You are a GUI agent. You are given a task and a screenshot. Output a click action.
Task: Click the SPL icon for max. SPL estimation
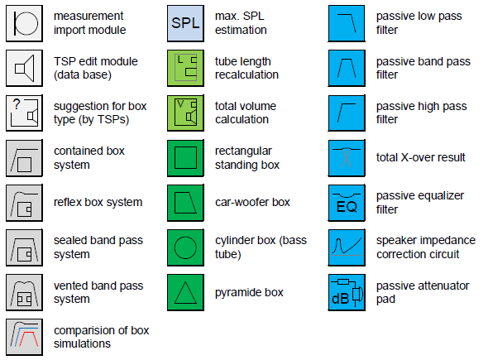tap(185, 23)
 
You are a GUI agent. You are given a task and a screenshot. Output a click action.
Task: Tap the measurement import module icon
tap(24, 23)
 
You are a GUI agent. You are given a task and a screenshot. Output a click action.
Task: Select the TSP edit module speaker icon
tap(24, 68)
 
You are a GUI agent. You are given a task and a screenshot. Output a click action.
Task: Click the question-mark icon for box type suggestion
tap(24, 113)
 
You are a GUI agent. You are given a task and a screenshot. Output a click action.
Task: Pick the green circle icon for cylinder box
tap(185, 247)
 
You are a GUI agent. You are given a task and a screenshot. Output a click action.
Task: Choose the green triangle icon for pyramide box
tap(185, 292)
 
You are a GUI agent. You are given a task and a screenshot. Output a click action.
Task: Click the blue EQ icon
tap(347, 203)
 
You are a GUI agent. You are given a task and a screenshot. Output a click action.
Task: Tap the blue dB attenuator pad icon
tap(347, 292)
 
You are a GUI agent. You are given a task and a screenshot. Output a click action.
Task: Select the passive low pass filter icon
tap(347, 23)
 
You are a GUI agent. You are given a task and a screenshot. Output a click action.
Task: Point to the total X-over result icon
tap(347, 158)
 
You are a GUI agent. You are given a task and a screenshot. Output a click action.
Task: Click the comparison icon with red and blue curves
tap(24, 337)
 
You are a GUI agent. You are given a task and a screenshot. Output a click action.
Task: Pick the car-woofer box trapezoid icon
tap(185, 203)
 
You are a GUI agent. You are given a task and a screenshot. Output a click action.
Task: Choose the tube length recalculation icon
tap(185, 68)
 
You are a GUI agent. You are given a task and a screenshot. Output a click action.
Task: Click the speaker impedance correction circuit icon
tap(347, 247)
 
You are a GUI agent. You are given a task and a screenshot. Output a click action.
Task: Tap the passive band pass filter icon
tap(347, 68)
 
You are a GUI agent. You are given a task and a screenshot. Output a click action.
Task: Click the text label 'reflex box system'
tap(98, 203)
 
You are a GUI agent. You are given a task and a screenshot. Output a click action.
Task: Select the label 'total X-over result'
tap(421, 157)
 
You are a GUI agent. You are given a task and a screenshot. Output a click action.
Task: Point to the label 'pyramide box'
tap(249, 293)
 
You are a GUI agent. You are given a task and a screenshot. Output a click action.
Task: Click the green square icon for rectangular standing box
tap(185, 158)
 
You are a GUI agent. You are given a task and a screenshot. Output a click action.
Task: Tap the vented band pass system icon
tap(24, 292)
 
